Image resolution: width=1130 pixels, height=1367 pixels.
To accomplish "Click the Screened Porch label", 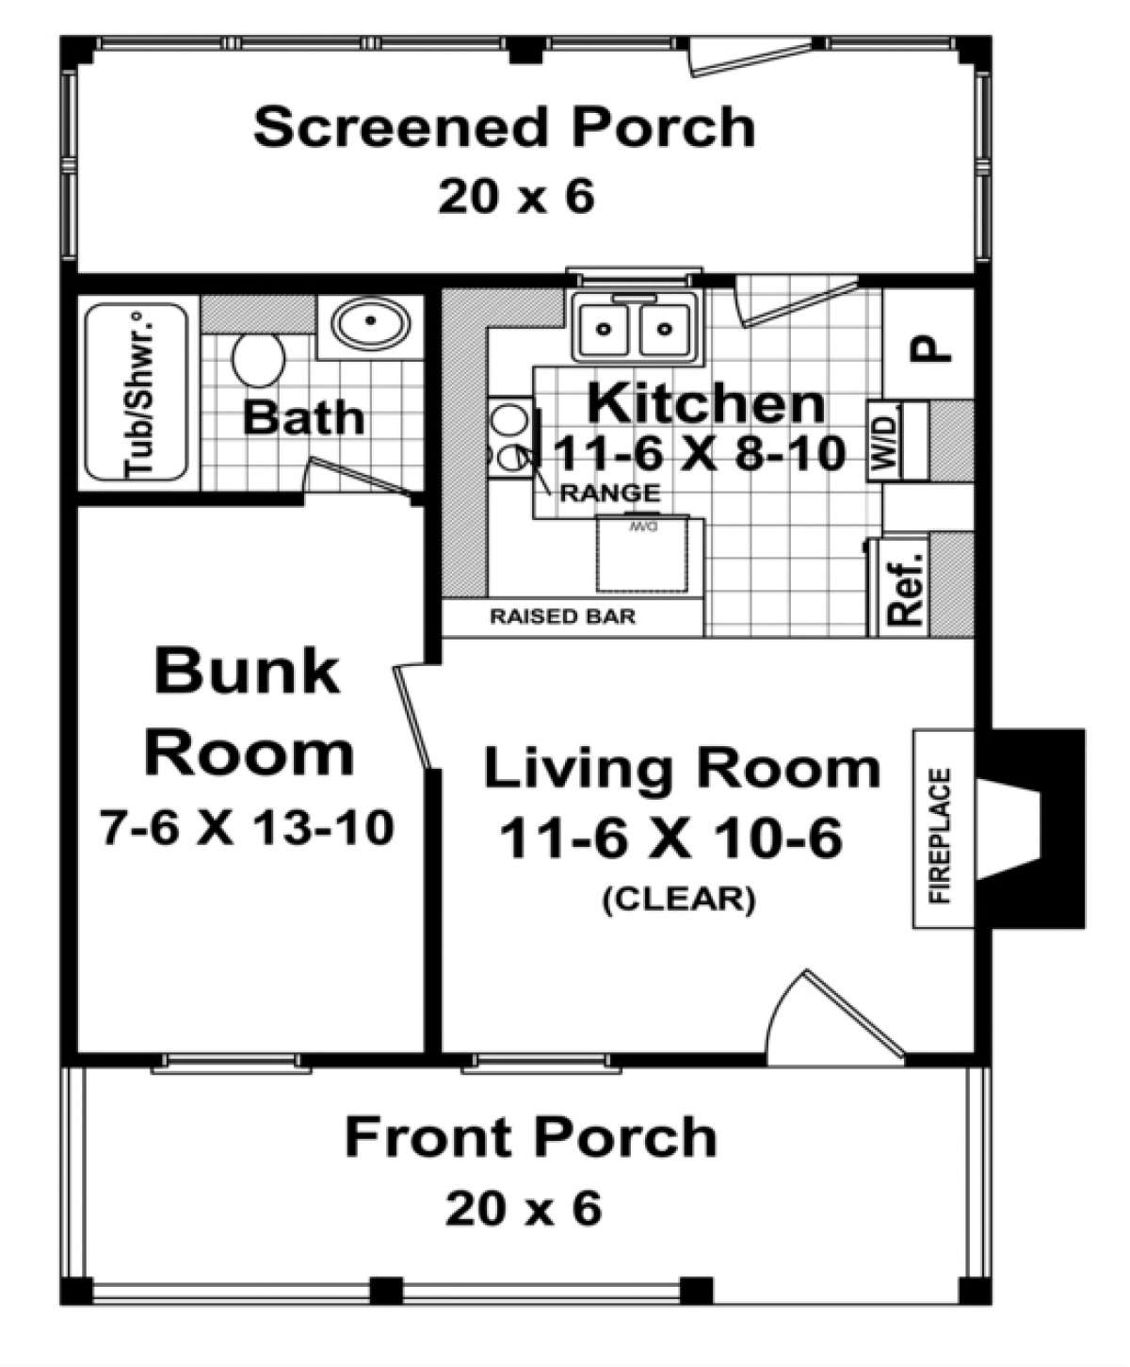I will (504, 127).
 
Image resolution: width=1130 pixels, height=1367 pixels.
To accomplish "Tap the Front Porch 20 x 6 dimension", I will (523, 1209).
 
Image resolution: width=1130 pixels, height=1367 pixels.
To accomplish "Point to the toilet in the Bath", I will (258, 361).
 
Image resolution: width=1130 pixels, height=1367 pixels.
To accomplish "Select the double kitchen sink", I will (635, 327).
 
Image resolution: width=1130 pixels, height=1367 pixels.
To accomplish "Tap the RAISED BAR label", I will (562, 617).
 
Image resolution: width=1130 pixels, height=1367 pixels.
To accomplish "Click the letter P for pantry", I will (930, 350).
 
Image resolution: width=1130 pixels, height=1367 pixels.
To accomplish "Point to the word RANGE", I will (609, 493).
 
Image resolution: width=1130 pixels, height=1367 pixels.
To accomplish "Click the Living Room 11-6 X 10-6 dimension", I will (670, 838).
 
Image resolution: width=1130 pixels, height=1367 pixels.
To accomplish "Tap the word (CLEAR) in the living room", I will (678, 899).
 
